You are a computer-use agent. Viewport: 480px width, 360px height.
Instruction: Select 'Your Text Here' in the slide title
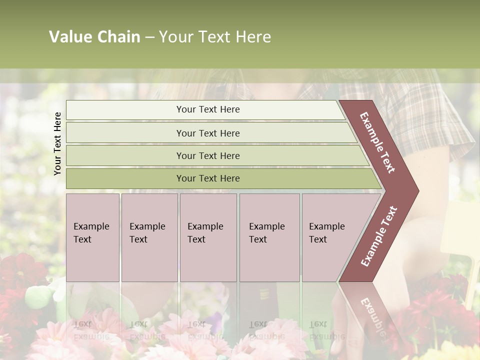(215, 37)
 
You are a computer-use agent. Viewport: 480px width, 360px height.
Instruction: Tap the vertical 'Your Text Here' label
(58, 143)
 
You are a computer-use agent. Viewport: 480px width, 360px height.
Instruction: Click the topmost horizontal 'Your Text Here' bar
(208, 109)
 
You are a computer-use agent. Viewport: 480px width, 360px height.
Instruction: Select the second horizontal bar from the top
(208, 133)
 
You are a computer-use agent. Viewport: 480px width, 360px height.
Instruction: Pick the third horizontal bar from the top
(208, 155)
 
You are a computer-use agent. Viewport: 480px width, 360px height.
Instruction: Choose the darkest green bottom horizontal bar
(208, 178)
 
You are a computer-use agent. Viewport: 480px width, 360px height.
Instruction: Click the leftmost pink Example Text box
(92, 237)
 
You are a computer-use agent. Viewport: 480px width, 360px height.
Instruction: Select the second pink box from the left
(149, 237)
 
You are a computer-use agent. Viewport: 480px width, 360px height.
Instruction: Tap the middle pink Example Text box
(208, 237)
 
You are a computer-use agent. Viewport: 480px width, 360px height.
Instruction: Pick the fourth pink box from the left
(269, 237)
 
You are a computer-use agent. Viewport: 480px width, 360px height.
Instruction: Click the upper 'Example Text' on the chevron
(377, 142)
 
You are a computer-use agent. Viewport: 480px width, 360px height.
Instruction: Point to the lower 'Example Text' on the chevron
(379, 236)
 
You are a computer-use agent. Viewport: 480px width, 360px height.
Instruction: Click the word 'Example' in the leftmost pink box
(91, 226)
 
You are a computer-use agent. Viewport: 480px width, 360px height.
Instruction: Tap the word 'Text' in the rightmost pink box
(318, 239)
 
